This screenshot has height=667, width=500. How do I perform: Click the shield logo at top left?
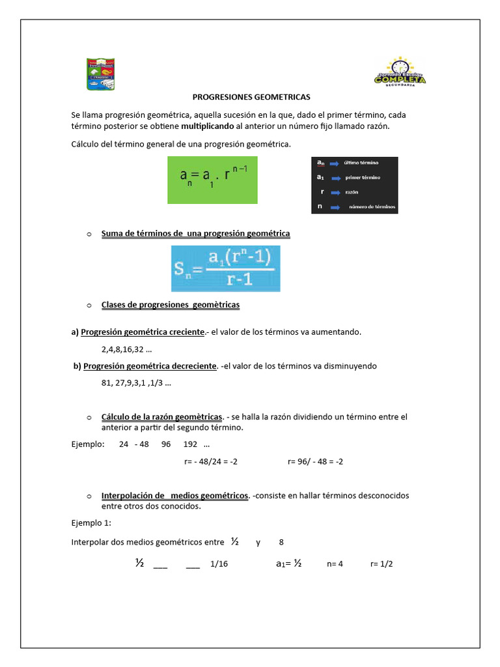104,74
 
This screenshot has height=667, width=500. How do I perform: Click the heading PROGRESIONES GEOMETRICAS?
251,97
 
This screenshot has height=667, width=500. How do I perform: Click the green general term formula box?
212,180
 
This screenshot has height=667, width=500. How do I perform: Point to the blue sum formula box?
225,268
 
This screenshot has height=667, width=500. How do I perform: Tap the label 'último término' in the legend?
361,163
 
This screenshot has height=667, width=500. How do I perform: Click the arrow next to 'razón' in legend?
335,193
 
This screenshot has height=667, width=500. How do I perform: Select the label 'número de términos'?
372,208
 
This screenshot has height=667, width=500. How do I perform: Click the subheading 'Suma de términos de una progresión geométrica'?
195,233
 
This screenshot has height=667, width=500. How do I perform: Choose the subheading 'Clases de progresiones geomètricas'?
170,305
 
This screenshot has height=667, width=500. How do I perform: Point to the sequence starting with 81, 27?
136,383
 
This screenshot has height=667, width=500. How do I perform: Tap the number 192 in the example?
190,445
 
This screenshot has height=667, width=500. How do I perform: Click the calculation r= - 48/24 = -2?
211,462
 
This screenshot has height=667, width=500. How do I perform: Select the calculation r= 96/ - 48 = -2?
315,462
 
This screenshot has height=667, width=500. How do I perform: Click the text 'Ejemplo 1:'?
91,522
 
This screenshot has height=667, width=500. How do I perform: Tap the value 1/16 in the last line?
219,564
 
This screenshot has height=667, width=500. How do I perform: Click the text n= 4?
335,564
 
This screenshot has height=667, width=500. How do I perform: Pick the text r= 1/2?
382,564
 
